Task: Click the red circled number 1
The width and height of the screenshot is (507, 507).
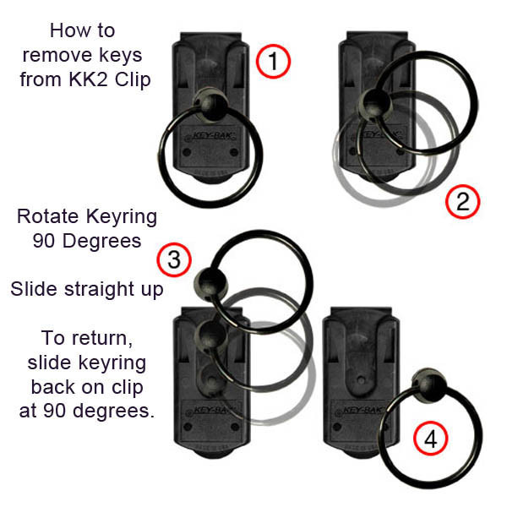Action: point(273,62)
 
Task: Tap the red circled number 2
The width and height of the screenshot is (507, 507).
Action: point(461,202)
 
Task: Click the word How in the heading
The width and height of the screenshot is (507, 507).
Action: point(70,31)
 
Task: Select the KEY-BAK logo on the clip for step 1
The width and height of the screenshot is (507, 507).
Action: point(208,134)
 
